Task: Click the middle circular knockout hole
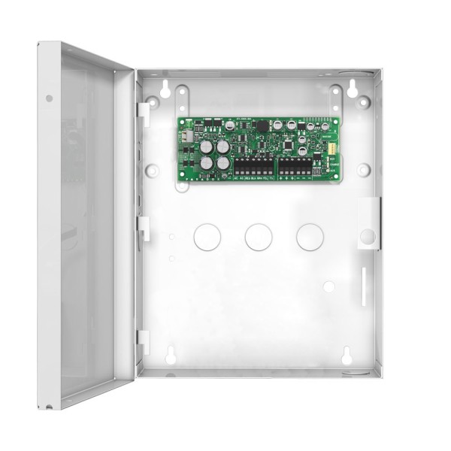click(x=257, y=237)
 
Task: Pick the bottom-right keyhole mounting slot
click(x=347, y=356)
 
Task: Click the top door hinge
click(x=143, y=110)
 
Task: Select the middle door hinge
click(x=143, y=227)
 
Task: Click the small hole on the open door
click(x=49, y=98)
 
